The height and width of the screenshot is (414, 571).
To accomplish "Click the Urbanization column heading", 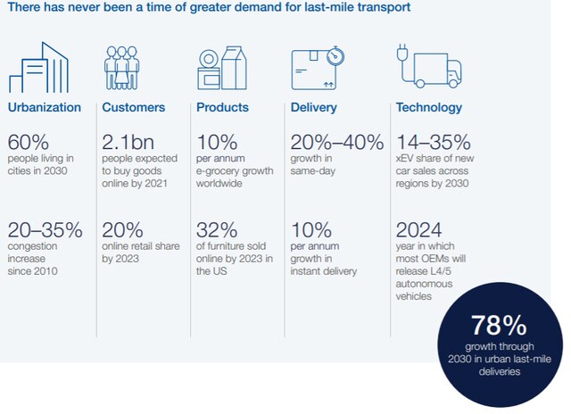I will pyautogui.click(x=44, y=108).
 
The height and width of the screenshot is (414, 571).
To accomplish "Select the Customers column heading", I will pyautogui.click(x=134, y=108).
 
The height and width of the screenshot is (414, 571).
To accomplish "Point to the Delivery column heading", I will pyautogui.click(x=313, y=108).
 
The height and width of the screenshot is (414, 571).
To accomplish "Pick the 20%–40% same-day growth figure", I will pyautogui.click(x=337, y=142).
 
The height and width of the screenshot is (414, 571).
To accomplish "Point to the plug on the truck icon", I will pyautogui.click(x=402, y=52).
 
